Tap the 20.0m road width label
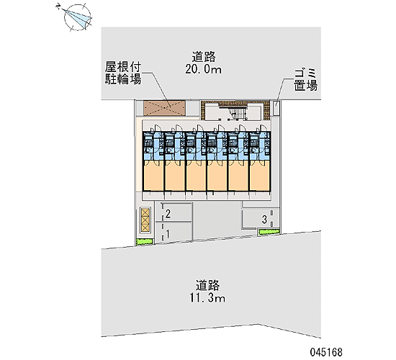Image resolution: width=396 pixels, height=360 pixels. point(204,69)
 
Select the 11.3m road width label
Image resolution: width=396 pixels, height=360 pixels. point(207,298)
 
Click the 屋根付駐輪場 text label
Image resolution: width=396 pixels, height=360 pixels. point(123,73)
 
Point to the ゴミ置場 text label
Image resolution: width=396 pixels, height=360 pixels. point(305,80)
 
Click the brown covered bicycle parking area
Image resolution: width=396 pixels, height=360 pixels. point(165,108)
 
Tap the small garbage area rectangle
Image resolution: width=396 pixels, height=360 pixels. point(276,107)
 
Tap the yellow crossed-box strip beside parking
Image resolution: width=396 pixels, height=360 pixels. point(145,220)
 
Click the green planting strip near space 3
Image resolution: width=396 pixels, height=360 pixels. point(269,232)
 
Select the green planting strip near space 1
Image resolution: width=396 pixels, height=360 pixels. point(145,242)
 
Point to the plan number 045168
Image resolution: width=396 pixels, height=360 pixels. point(326,352)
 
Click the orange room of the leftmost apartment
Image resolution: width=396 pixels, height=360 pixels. point(153,175)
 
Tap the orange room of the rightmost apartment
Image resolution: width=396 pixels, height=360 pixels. point(260,175)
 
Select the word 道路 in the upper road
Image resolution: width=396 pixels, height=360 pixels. point(204,57)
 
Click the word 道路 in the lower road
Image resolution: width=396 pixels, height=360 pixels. point(207,285)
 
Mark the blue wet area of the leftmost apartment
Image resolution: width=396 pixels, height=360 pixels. point(153,145)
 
